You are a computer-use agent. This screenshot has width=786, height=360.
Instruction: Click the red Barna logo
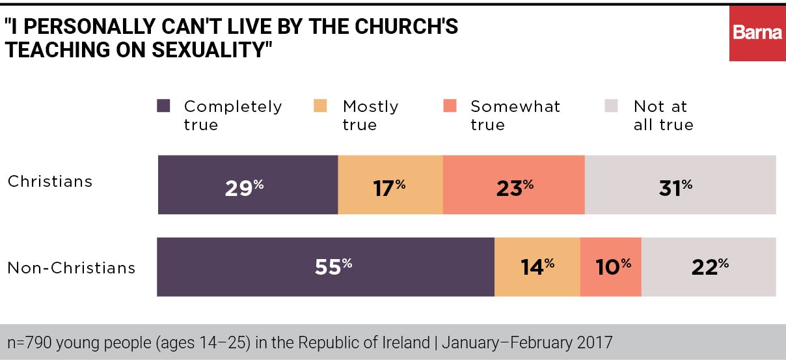click(757, 33)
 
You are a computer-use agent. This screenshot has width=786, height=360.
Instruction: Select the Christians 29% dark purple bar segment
click(248, 185)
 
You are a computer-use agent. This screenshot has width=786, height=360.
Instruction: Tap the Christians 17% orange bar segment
click(390, 185)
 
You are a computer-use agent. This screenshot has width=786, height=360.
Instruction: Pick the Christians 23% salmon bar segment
click(513, 185)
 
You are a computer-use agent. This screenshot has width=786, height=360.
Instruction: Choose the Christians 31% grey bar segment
click(680, 185)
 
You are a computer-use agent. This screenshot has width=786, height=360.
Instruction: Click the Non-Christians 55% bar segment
click(325, 267)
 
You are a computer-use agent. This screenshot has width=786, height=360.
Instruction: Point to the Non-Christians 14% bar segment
click(537, 267)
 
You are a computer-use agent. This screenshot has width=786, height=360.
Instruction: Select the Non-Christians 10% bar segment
click(610, 267)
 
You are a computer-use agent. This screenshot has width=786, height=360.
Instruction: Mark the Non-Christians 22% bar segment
click(709, 267)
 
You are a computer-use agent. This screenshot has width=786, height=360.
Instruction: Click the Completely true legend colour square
click(164, 105)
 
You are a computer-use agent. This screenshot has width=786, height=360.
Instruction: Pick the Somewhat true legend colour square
click(450, 105)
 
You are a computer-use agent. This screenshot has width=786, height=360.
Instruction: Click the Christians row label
click(50, 182)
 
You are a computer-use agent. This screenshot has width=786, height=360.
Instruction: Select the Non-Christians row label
click(71, 268)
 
